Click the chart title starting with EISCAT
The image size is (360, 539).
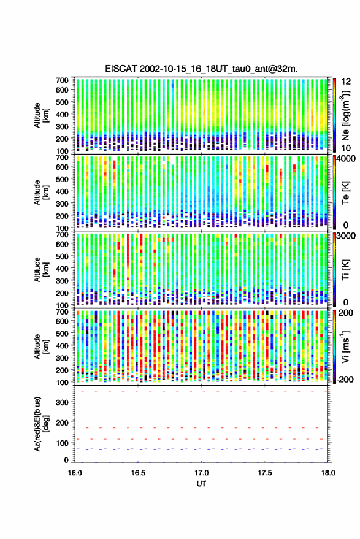click(x=202, y=69)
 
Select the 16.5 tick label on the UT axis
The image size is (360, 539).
click(x=138, y=473)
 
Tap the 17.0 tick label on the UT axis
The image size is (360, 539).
click(x=202, y=473)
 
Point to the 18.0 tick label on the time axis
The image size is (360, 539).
click(x=328, y=473)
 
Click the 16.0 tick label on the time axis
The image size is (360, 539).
click(x=75, y=473)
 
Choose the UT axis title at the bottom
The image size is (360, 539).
click(x=201, y=484)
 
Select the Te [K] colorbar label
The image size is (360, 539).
click(x=345, y=193)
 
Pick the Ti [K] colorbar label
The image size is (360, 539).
click(x=345, y=270)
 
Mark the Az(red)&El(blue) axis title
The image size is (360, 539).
click(x=41, y=424)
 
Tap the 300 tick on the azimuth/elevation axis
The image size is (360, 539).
click(x=62, y=402)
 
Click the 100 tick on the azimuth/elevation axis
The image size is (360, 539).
click(x=62, y=443)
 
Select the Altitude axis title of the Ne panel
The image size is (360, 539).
click(x=41, y=115)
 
